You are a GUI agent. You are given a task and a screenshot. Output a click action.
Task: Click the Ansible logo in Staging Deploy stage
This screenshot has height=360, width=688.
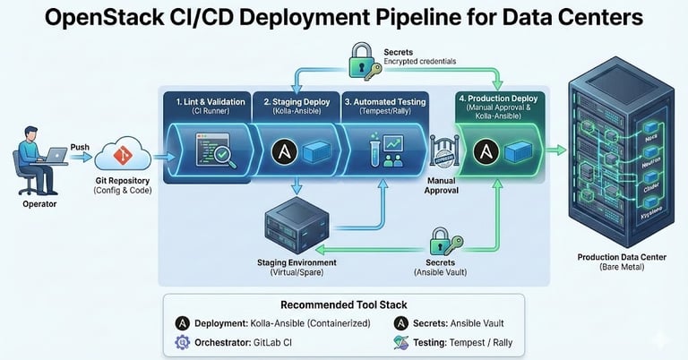284,150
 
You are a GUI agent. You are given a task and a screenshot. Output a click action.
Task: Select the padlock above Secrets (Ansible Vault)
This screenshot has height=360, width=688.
439,242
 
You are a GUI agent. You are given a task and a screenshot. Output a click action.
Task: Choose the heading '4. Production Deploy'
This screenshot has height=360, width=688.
495,97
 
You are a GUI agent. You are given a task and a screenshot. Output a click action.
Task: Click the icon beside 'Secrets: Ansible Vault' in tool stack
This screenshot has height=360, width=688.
398,322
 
